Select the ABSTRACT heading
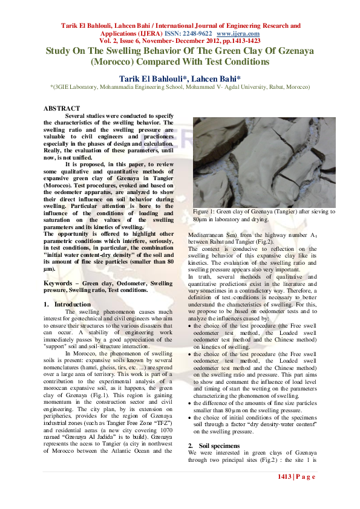pos(62,108)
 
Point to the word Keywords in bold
pos(59,283)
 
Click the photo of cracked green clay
pos(264,162)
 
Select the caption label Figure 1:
pos(204,212)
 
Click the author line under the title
pos(180,79)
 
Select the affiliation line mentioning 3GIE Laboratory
pos(180,87)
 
